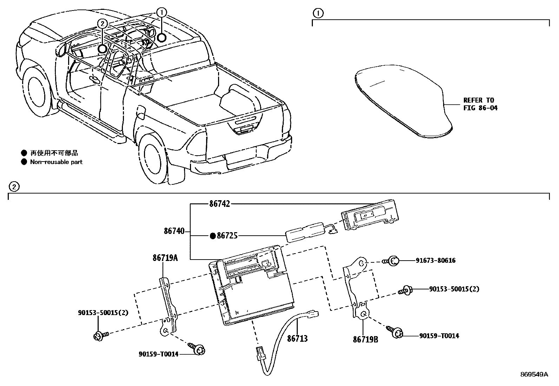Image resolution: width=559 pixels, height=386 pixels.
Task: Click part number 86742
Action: click(x=219, y=204)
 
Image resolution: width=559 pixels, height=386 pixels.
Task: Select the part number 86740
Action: click(x=174, y=231)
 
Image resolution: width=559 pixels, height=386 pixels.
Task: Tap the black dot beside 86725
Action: click(x=212, y=236)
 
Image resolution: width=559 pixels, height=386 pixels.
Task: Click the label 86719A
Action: click(x=165, y=258)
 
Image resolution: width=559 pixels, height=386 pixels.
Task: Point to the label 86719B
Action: click(x=366, y=340)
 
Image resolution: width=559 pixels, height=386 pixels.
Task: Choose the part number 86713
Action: click(x=297, y=339)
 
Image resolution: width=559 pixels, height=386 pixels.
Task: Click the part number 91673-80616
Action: click(x=435, y=261)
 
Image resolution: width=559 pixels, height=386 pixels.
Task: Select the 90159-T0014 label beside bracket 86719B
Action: click(x=439, y=336)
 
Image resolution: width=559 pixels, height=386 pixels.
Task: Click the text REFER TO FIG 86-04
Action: click(x=480, y=104)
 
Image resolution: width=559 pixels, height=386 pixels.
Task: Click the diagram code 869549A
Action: click(x=534, y=374)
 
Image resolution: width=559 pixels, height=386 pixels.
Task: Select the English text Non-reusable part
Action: click(x=56, y=162)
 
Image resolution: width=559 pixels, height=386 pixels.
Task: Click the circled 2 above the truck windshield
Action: click(x=102, y=24)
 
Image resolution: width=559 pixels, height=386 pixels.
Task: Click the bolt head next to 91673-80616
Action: click(x=394, y=261)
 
